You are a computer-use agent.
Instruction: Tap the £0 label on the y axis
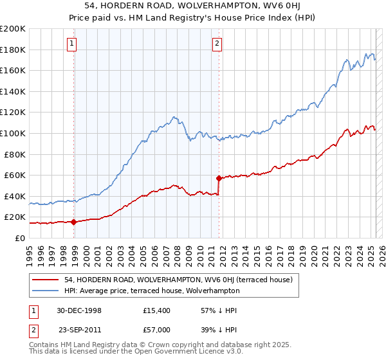point(20,238)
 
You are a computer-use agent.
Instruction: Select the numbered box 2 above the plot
point(217,44)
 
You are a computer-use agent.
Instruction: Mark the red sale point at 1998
point(74,222)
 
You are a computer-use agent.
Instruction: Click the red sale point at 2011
point(219,178)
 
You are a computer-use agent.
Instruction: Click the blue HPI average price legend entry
point(151,291)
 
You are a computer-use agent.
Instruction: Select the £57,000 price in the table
point(157,329)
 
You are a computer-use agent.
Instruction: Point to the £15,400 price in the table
point(157,310)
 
